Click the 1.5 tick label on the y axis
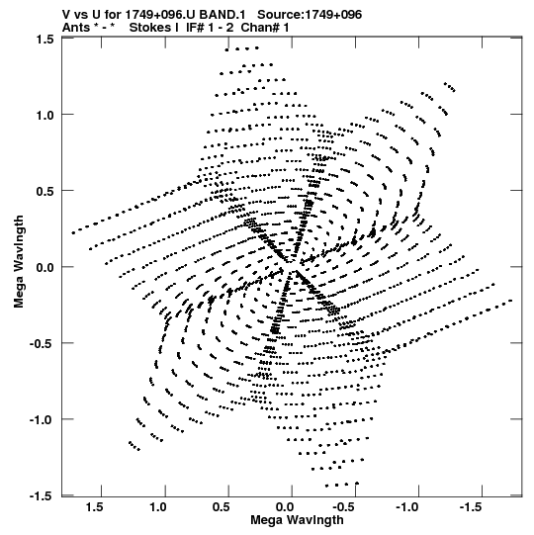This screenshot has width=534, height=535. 45,40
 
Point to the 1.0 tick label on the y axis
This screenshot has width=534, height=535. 45,115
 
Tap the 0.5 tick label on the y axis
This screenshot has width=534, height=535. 45,191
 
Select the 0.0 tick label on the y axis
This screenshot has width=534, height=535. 45,267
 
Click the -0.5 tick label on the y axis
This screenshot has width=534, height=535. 43,343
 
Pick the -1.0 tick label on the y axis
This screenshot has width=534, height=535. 43,419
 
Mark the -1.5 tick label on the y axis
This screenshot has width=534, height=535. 43,495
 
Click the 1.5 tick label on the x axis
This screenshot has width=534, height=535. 94,507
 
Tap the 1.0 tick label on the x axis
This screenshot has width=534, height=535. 158,507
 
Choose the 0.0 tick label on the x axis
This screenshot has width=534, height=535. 285,507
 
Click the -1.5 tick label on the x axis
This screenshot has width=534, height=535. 472,507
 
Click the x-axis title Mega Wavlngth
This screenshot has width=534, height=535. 297,520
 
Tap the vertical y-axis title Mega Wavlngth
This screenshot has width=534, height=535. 19,262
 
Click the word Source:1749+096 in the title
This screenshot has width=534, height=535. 310,15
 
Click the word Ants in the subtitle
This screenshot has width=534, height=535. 76,28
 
